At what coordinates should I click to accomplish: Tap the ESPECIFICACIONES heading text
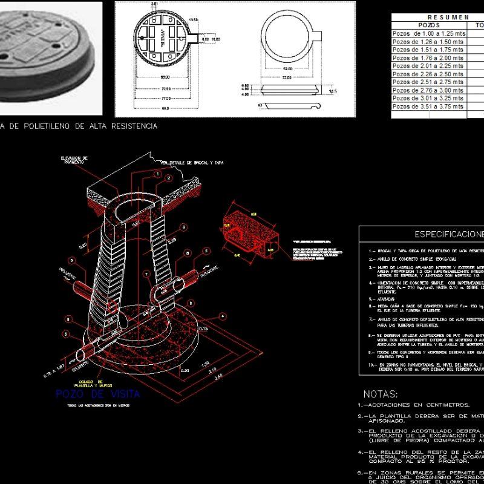448,234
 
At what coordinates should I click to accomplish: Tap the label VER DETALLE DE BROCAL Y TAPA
192,163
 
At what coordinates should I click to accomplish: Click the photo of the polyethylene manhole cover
51,57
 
